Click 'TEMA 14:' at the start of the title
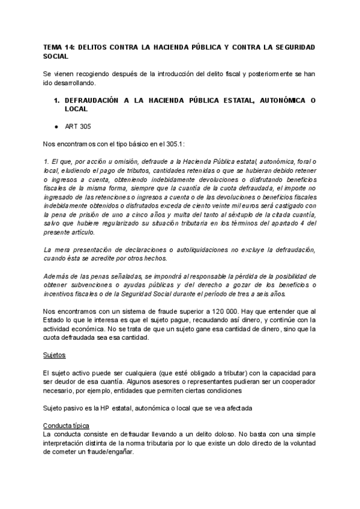coord(59,46)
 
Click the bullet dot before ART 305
coord(56,127)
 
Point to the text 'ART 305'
coord(77,127)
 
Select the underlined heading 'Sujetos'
coord(55,354)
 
